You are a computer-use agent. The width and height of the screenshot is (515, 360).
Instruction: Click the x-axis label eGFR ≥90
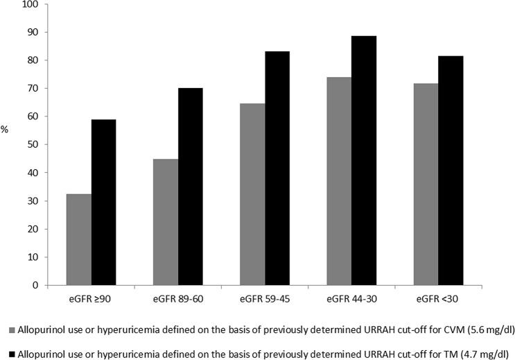coord(91,299)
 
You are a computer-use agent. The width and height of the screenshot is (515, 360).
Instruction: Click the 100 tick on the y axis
coord(30,5)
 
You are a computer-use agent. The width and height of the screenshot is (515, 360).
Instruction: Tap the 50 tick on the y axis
coord(32,145)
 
